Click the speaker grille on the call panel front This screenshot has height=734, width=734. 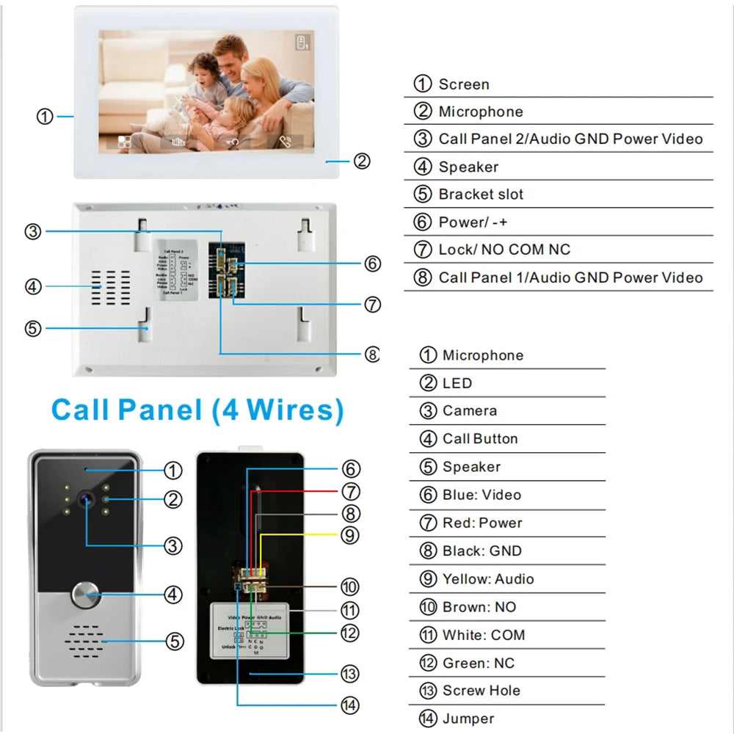click(x=84, y=641)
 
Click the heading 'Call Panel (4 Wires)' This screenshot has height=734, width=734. click(x=197, y=410)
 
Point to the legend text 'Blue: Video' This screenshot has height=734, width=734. click(x=482, y=495)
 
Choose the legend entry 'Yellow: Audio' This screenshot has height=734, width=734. click(x=487, y=579)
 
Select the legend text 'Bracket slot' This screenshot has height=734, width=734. click(x=481, y=195)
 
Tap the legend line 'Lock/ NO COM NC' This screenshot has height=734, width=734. click(x=504, y=250)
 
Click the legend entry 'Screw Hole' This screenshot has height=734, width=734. click(x=481, y=691)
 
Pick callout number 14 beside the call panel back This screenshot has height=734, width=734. click(x=350, y=705)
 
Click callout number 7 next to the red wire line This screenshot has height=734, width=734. click(x=350, y=491)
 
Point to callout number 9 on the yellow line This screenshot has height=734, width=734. click(x=350, y=535)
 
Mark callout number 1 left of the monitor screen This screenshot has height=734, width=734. click(x=45, y=116)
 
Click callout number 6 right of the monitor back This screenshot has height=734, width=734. click(x=373, y=263)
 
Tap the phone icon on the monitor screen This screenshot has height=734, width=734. click(x=286, y=143)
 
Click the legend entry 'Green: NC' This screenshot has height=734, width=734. click(x=479, y=663)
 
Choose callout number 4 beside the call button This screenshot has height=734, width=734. click(x=172, y=594)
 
